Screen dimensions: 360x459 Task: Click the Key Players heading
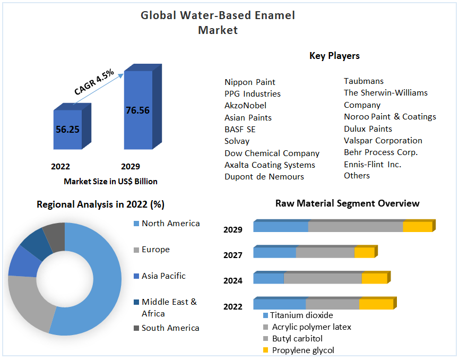pyautogui.click(x=334, y=56)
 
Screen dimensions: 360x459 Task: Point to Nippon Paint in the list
pyautogui.click(x=250, y=82)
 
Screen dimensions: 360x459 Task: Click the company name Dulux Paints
pyautogui.click(x=368, y=129)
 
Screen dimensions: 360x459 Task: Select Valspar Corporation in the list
pyautogui.click(x=383, y=141)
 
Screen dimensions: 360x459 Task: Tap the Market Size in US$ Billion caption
pyautogui.click(x=110, y=182)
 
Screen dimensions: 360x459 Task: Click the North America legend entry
pyautogui.click(x=170, y=224)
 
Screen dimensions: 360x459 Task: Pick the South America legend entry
pyautogui.click(x=170, y=328)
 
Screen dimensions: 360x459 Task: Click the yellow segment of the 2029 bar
pyautogui.click(x=417, y=227)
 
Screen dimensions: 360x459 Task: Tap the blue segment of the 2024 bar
pyautogui.click(x=269, y=278)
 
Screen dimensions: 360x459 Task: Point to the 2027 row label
pyautogui.click(x=233, y=255)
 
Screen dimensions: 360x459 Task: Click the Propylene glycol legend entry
pyautogui.click(x=303, y=350)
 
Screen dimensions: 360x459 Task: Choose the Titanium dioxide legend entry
pyautogui.click(x=301, y=315)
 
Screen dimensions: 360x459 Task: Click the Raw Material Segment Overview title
pyautogui.click(x=347, y=203)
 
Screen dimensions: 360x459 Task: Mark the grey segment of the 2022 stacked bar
pyautogui.click(x=332, y=304)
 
